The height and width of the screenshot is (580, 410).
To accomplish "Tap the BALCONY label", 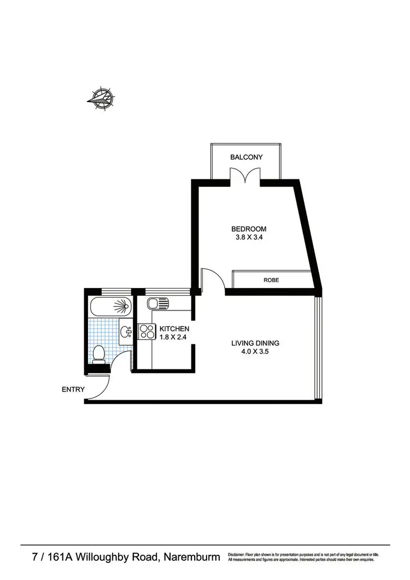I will pyautogui.click(x=246, y=157).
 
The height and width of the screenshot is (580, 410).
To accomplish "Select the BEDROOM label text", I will pyautogui.click(x=249, y=229).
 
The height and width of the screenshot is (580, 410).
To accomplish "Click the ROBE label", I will pyautogui.click(x=271, y=280).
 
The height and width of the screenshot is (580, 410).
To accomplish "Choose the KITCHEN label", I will pyautogui.click(x=174, y=329).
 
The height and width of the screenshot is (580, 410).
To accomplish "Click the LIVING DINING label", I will pyautogui.click(x=255, y=343).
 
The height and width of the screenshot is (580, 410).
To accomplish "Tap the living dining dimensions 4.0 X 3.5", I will pyautogui.click(x=255, y=352).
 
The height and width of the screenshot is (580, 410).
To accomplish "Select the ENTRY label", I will pyautogui.click(x=73, y=390).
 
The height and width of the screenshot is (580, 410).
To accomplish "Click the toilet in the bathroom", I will pyautogui.click(x=99, y=354).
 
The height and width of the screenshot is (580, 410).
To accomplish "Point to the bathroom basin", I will pyautogui.click(x=126, y=331).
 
